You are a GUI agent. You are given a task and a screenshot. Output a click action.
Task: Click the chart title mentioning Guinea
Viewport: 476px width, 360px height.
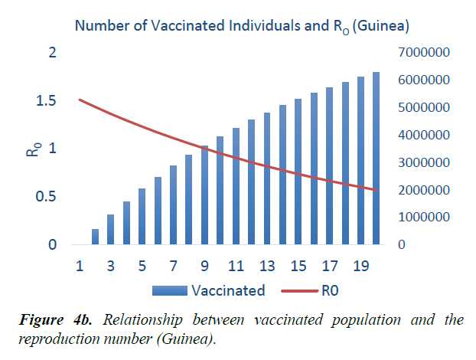[242, 26]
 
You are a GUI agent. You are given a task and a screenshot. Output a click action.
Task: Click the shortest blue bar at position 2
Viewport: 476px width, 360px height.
[95, 237]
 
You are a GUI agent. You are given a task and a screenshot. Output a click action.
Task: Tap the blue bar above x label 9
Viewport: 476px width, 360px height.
[204, 195]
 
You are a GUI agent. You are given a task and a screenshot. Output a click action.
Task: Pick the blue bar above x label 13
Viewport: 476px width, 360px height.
[267, 178]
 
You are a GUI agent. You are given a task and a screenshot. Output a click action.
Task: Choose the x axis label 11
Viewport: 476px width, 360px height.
[236, 267]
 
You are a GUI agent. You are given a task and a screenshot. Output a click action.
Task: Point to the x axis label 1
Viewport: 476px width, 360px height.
[79, 267]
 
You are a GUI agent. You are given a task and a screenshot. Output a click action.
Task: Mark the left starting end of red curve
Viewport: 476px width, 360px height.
[80, 100]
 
